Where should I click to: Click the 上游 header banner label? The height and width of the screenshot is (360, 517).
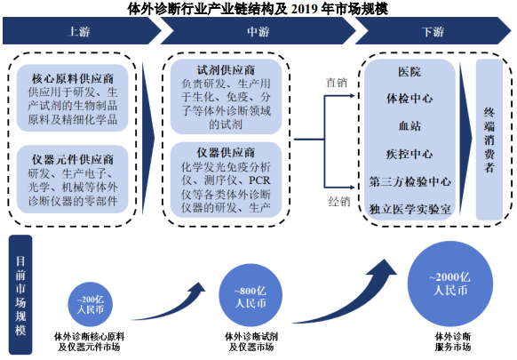coord(78,32)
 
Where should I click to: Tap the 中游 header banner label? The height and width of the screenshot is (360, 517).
coord(258,32)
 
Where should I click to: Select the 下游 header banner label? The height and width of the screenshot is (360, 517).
coord(433,32)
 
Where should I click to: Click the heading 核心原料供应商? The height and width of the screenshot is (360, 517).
coord(73,78)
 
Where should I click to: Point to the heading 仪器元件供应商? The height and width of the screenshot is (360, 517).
coord(73,160)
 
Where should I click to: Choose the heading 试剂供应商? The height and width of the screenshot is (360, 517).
coord(226,70)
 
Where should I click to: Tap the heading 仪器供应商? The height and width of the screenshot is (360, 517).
coord(226,153)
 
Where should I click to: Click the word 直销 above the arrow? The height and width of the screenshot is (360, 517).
coord(337,83)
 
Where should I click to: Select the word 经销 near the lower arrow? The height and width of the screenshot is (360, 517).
coord(339,201)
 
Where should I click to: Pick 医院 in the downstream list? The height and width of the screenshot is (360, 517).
coord(410,72)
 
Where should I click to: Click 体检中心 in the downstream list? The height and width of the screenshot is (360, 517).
coord(410,99)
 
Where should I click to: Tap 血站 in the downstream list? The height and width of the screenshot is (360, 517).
coord(410,126)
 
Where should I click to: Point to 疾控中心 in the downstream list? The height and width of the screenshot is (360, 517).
coord(410,154)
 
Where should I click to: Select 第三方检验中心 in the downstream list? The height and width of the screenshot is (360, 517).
coord(410,181)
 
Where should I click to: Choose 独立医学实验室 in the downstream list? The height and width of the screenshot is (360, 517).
coord(410,209)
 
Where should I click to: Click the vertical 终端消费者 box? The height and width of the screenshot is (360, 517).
coord(489,140)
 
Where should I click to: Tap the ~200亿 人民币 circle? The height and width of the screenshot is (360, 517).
coord(91,304)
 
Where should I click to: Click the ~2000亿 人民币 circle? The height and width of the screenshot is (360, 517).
coord(450,284)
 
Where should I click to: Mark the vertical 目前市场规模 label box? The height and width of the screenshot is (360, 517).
coord(20,295)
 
